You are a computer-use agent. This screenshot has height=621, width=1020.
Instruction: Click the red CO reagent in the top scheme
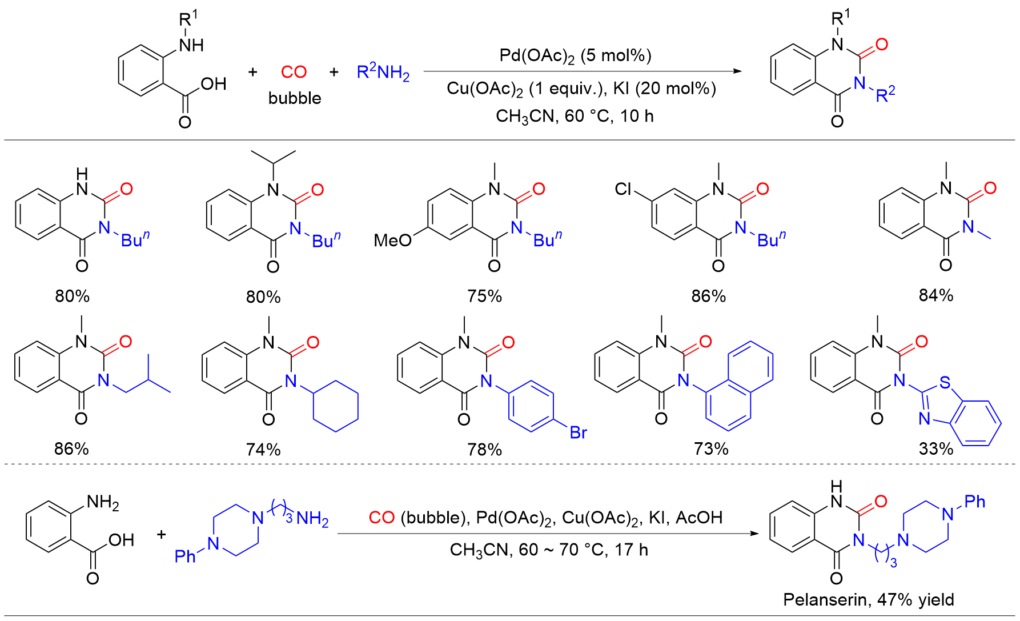tap(294, 72)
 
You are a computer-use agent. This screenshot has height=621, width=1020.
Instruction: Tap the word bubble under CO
tap(295, 98)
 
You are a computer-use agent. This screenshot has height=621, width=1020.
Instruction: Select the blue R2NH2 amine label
tap(383, 73)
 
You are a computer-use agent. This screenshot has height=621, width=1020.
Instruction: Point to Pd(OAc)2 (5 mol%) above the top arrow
tap(575, 55)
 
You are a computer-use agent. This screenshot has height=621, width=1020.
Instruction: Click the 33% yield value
tap(936, 448)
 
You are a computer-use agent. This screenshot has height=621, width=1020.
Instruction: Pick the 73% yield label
tap(711, 448)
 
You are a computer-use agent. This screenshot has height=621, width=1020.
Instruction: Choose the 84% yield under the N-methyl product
tap(936, 295)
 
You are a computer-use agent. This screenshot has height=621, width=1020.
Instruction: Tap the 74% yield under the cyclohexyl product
tap(263, 450)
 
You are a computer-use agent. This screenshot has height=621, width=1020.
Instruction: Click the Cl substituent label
tap(623, 189)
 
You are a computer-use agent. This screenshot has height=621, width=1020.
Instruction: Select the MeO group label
tap(393, 241)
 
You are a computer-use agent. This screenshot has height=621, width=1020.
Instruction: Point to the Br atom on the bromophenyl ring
tap(579, 432)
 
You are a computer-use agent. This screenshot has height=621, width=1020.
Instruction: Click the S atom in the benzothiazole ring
tap(945, 382)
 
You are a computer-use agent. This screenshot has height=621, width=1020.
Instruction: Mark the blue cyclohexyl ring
tap(336, 407)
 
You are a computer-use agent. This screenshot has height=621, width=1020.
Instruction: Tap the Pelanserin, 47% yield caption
tap(868, 599)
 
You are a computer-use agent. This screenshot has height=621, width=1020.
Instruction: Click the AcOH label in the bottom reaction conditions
tap(699, 518)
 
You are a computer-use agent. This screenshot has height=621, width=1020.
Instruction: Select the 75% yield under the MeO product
tap(484, 296)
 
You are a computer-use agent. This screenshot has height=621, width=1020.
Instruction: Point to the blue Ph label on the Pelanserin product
tap(975, 502)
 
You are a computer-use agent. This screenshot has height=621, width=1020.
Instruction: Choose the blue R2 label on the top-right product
tap(885, 94)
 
